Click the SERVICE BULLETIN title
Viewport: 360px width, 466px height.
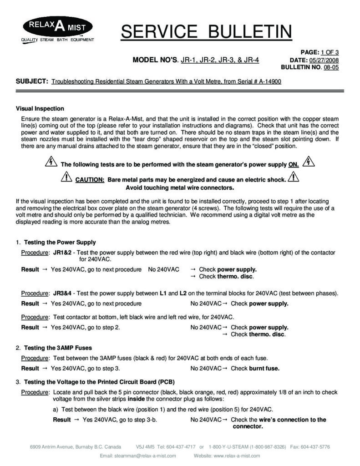(206, 31)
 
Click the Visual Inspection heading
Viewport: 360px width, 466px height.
(40, 109)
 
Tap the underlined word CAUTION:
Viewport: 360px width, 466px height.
(90, 179)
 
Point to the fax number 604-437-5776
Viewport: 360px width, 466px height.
(315, 446)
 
